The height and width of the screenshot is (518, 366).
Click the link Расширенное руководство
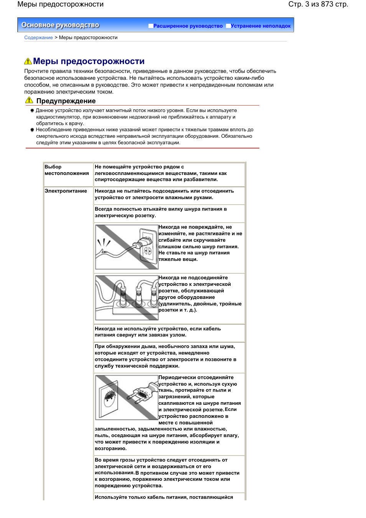[188, 26]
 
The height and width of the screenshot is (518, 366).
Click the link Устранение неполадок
[260, 26]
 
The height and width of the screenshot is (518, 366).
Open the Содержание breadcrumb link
[38, 38]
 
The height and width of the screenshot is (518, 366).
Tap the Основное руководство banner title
[60, 25]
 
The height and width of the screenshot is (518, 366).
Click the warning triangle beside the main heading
[28, 61]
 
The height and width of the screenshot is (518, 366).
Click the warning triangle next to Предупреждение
[29, 100]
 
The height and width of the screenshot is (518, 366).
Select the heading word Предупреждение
[66, 101]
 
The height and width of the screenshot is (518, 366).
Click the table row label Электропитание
[66, 191]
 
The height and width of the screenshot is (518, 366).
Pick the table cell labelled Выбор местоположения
[66, 170]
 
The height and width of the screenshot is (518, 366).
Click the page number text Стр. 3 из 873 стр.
[318, 4]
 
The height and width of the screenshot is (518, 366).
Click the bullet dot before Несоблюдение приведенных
[32, 130]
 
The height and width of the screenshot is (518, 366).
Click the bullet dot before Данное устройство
[32, 111]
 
